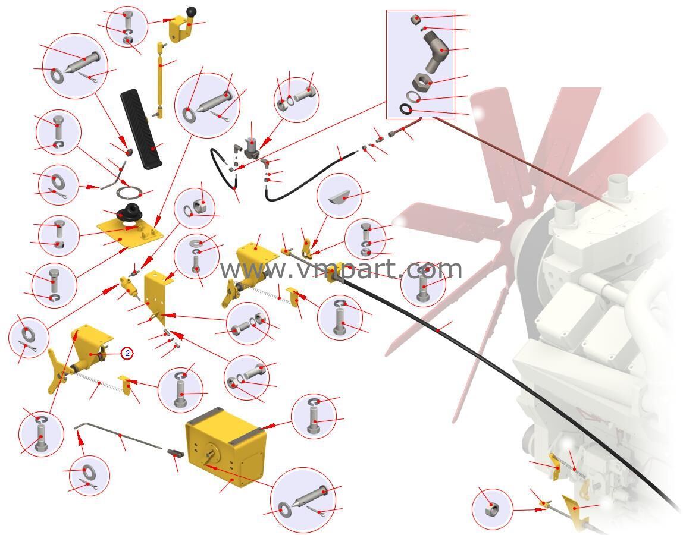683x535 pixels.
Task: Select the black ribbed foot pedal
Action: [142, 128]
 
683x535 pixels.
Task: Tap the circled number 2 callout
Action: [127, 353]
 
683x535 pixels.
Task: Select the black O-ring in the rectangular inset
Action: [406, 109]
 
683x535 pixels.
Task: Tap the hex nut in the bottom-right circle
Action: [492, 509]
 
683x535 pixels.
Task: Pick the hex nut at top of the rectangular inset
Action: [415, 20]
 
